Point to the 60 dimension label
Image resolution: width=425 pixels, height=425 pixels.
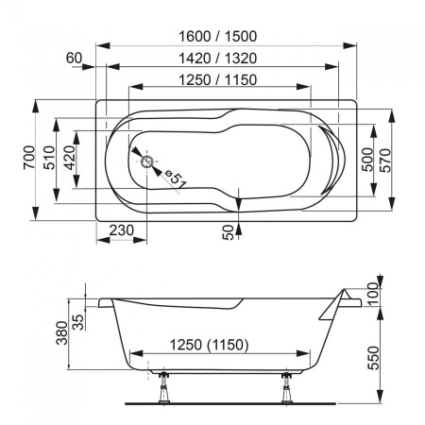[x=76, y=58]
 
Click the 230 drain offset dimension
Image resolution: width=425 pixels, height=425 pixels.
[x=120, y=229]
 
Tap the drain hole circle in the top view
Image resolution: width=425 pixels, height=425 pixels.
[x=146, y=161]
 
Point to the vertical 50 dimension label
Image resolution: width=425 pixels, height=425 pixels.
[x=228, y=232]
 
